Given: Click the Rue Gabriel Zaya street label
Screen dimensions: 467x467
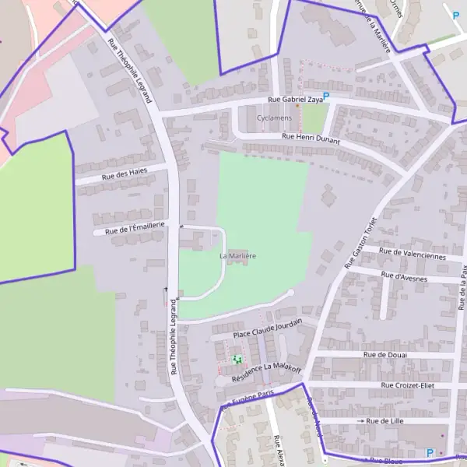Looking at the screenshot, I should pyautogui.click(x=295, y=100).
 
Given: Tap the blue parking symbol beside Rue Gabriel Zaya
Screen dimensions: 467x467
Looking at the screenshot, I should pyautogui.click(x=326, y=97).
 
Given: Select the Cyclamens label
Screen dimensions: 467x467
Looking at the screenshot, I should pyautogui.click(x=276, y=118).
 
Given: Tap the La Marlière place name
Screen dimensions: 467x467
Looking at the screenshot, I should pyautogui.click(x=238, y=255).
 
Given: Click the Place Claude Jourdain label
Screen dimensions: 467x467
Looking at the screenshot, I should pyautogui.click(x=267, y=330).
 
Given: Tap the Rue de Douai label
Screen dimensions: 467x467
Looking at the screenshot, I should pyautogui.click(x=384, y=354).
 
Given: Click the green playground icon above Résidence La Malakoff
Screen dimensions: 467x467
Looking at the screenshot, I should pyautogui.click(x=236, y=360).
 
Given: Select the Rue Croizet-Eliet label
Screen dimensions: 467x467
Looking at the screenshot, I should pyautogui.click(x=407, y=385).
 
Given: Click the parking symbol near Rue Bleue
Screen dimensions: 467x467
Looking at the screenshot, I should pyautogui.click(x=429, y=452).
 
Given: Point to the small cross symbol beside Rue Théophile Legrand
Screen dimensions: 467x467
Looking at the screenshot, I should pyautogui.click(x=164, y=290).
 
